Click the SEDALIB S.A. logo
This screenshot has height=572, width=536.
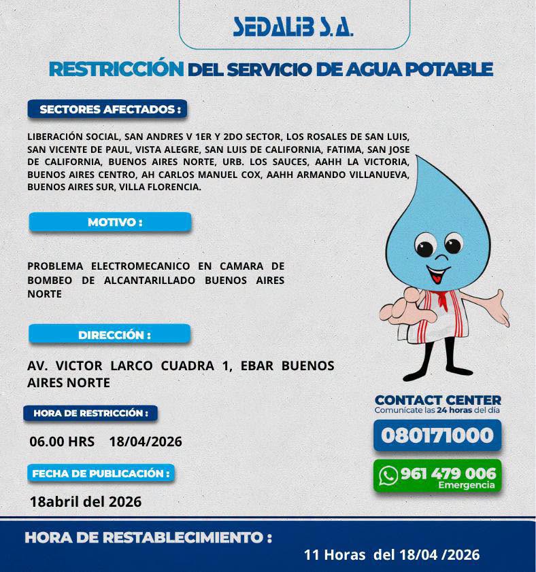[x=293, y=26]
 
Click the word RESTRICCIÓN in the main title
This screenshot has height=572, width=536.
[x=116, y=69]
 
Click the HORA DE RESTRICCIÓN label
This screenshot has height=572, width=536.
[x=90, y=413]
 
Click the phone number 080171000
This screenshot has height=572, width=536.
[x=437, y=435]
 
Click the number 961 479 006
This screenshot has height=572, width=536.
[x=448, y=473]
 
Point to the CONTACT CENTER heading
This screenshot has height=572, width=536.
[x=437, y=401]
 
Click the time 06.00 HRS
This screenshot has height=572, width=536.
[x=62, y=442]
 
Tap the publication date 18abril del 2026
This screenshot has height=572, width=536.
[x=86, y=502]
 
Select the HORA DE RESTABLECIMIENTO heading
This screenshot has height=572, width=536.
[x=148, y=538]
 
